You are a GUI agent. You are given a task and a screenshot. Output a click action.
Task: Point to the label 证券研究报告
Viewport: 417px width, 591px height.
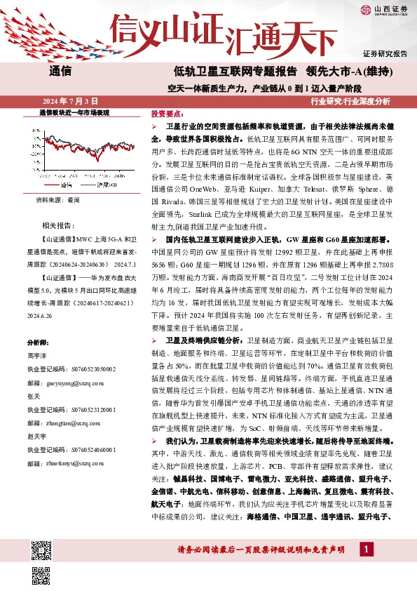pyautogui.click(x=385, y=53)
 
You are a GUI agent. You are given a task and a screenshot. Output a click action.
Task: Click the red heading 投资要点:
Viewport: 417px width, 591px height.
pyautogui.click(x=167, y=113)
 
